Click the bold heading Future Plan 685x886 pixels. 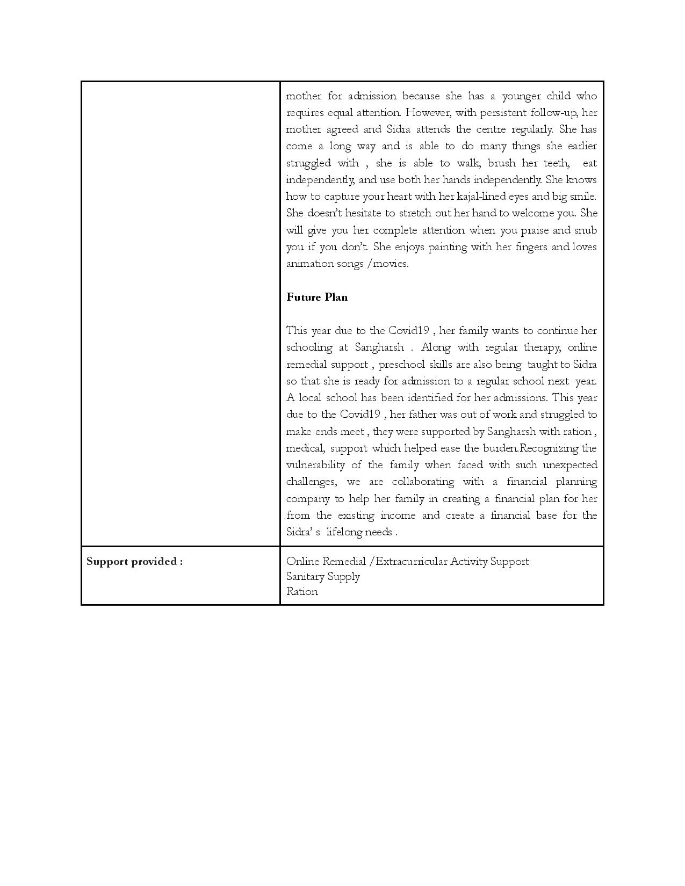[x=316, y=297]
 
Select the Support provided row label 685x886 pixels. [x=134, y=562]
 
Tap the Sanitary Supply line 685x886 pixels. [x=323, y=577]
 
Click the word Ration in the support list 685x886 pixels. [x=302, y=592]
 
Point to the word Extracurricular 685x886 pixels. [x=411, y=562]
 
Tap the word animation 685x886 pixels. [x=309, y=264]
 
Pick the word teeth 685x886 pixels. [x=556, y=163]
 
